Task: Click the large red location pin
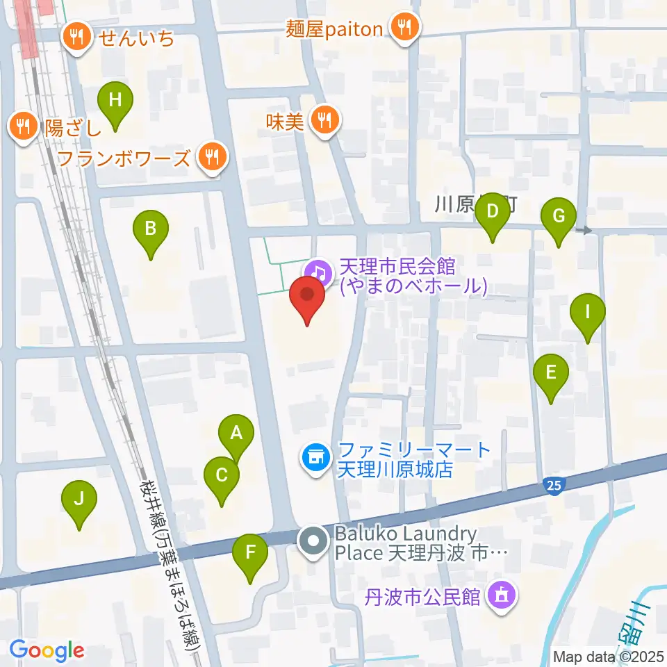(306, 297)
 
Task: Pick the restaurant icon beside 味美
(324, 121)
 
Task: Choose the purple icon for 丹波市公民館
(502, 595)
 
